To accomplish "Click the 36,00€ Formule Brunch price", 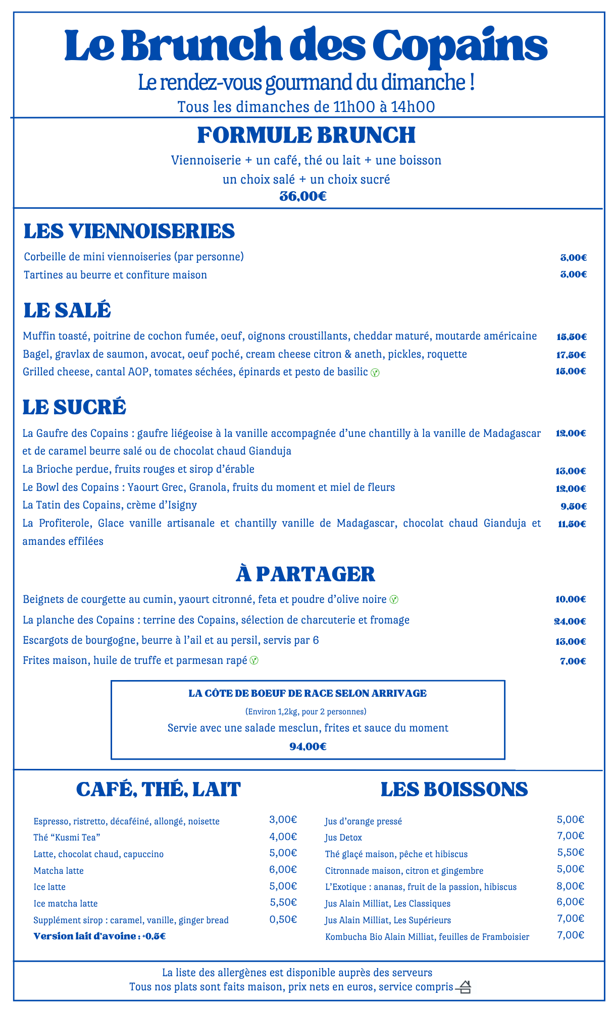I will click(x=303, y=196).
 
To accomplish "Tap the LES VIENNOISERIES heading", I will click(x=129, y=231).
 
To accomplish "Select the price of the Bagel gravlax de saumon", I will click(x=571, y=355).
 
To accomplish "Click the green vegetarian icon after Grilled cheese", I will click(x=375, y=373).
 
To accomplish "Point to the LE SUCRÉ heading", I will click(x=74, y=407).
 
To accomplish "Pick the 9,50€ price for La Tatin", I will click(x=573, y=506).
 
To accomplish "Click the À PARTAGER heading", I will click(x=305, y=574).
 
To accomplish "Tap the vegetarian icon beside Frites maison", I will click(x=254, y=660).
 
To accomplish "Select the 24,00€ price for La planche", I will click(x=570, y=621).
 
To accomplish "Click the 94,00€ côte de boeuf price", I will click(x=308, y=746).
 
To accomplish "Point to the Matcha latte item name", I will click(x=59, y=871).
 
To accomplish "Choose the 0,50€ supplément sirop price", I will click(x=283, y=919).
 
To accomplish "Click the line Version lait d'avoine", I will click(x=99, y=936).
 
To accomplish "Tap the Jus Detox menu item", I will click(x=343, y=837).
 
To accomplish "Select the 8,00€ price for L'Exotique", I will click(x=571, y=886).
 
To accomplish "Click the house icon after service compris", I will click(x=464, y=987).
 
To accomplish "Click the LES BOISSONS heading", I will click(x=454, y=790).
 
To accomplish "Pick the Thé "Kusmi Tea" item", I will click(x=67, y=837).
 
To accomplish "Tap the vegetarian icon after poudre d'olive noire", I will click(x=394, y=600).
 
